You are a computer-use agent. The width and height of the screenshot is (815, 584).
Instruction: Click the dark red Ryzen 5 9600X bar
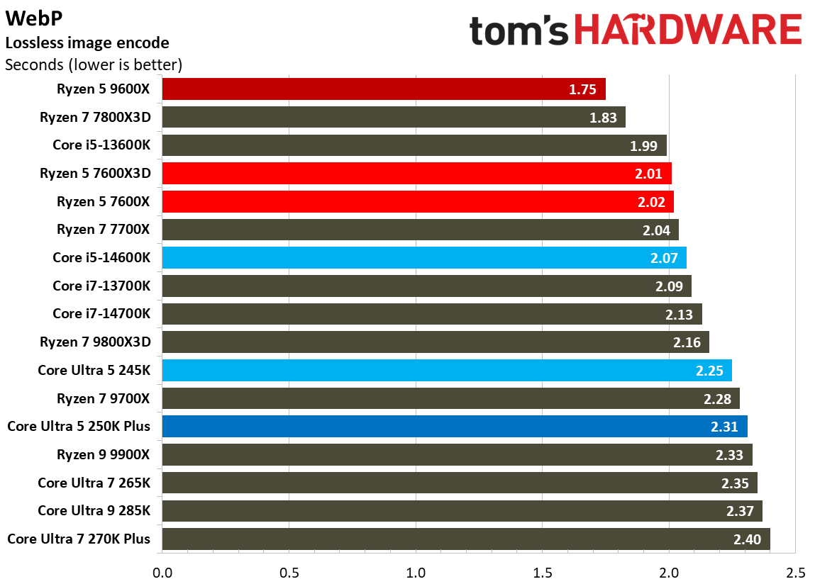[383, 89]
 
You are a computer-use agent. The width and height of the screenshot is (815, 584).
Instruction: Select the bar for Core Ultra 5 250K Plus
[454, 426]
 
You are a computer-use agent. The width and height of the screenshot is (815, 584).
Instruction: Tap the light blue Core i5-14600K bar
[423, 257]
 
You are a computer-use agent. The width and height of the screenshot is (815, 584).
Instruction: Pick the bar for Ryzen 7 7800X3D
[393, 118]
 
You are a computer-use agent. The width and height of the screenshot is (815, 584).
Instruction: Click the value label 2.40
[747, 539]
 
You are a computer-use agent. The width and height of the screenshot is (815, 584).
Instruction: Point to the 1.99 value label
[644, 146]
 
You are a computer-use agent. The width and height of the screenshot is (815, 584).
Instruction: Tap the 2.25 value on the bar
[709, 371]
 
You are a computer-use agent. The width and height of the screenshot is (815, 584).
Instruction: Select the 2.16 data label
[686, 342]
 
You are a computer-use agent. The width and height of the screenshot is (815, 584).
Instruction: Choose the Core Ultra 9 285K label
[94, 510]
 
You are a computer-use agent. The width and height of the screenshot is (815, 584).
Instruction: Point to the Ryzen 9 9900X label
[104, 454]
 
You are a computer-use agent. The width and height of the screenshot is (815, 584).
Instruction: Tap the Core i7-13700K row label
[101, 286]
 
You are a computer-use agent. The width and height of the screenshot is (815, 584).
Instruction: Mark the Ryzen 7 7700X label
[104, 229]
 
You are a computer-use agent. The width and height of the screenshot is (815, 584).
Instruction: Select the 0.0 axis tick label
[162, 571]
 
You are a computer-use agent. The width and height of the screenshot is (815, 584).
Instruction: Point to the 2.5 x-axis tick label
[795, 571]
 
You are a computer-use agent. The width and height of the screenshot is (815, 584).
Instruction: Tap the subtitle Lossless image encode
[87, 43]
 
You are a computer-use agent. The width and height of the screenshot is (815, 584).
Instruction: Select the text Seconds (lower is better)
[94, 65]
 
